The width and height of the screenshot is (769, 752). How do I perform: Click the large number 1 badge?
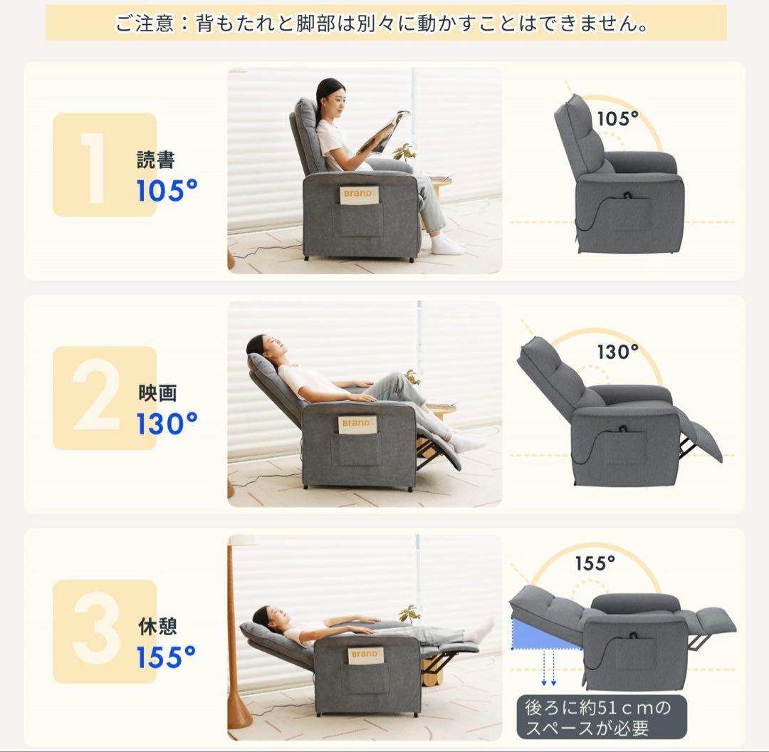[105, 164]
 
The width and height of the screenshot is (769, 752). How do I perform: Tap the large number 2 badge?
[105, 398]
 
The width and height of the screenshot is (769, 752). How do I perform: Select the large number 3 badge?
[105, 632]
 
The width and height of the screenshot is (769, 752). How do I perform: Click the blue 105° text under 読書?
[167, 191]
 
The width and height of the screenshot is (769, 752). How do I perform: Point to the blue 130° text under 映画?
[167, 424]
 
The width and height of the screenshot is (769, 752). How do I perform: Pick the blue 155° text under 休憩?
[166, 657]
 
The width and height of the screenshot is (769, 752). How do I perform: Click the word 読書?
[155, 160]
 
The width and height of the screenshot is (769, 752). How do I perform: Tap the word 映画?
[157, 393]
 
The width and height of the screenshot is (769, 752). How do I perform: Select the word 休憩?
[157, 627]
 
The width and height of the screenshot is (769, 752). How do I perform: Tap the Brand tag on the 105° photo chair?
[358, 194]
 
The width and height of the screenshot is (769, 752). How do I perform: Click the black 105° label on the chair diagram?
[618, 119]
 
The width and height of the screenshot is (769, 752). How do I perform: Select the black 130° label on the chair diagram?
[618, 352]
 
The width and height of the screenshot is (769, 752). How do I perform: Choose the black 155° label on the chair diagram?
[595, 563]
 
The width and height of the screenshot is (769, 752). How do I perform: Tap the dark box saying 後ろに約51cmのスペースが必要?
[602, 716]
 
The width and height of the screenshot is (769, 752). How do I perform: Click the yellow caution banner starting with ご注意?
[386, 23]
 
